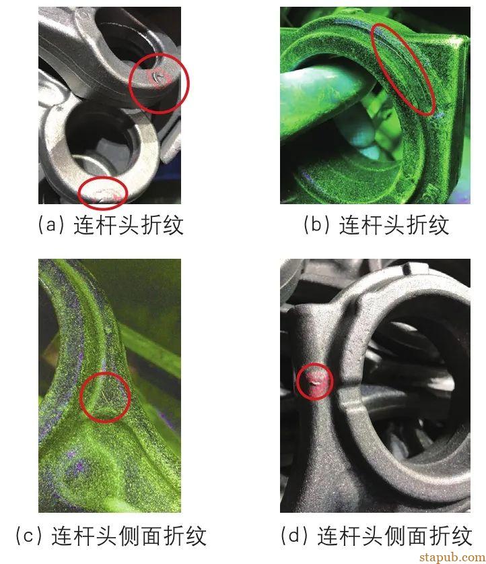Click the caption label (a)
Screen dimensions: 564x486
tap(49, 224)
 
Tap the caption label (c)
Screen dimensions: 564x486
tap(27, 536)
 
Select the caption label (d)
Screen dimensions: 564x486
tap(293, 536)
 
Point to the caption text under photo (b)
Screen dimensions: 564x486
tap(394, 224)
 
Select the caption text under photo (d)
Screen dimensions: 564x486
tap(394, 536)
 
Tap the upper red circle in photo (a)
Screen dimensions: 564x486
tap(159, 83)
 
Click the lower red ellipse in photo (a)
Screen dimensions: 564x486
tap(102, 193)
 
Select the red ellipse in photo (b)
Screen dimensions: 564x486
tap(404, 68)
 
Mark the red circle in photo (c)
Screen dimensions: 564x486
tap(105, 398)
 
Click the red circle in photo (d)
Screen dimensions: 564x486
tap(314, 381)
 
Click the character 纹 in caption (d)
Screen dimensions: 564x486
tap(461, 536)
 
